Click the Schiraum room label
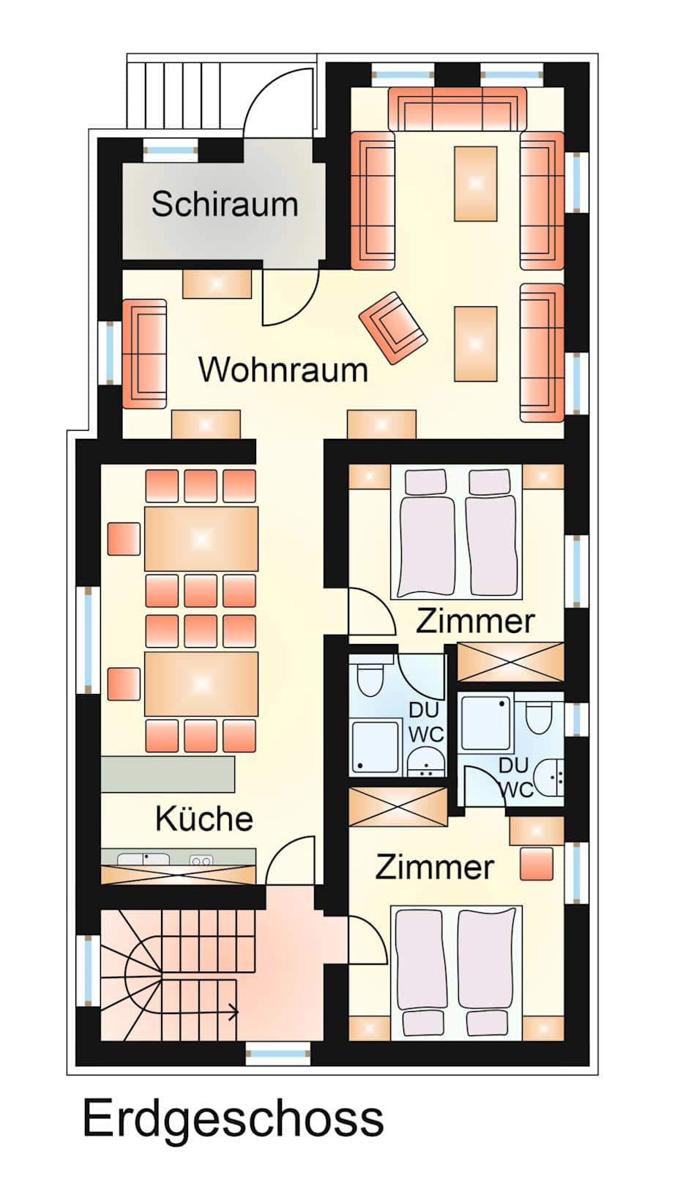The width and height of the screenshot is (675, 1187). tap(225, 204)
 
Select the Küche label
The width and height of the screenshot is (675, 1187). tap(204, 818)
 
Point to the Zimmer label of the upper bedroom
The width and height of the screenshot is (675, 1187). tap(475, 621)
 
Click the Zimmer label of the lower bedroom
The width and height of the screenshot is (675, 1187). tap(434, 868)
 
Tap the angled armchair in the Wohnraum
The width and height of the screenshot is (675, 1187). tap(393, 328)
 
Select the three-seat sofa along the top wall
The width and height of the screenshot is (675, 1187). tap(458, 108)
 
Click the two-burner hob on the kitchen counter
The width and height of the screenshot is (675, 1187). tap(201, 860)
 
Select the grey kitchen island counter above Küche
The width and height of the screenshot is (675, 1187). tap(168, 774)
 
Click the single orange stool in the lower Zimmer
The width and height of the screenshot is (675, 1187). tap(537, 864)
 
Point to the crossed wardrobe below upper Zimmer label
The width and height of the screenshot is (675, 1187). tap(510, 662)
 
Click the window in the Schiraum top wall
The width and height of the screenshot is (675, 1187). tap(171, 150)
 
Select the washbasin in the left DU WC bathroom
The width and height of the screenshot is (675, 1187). tap(426, 761)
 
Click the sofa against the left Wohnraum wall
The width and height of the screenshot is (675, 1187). tap(144, 354)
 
